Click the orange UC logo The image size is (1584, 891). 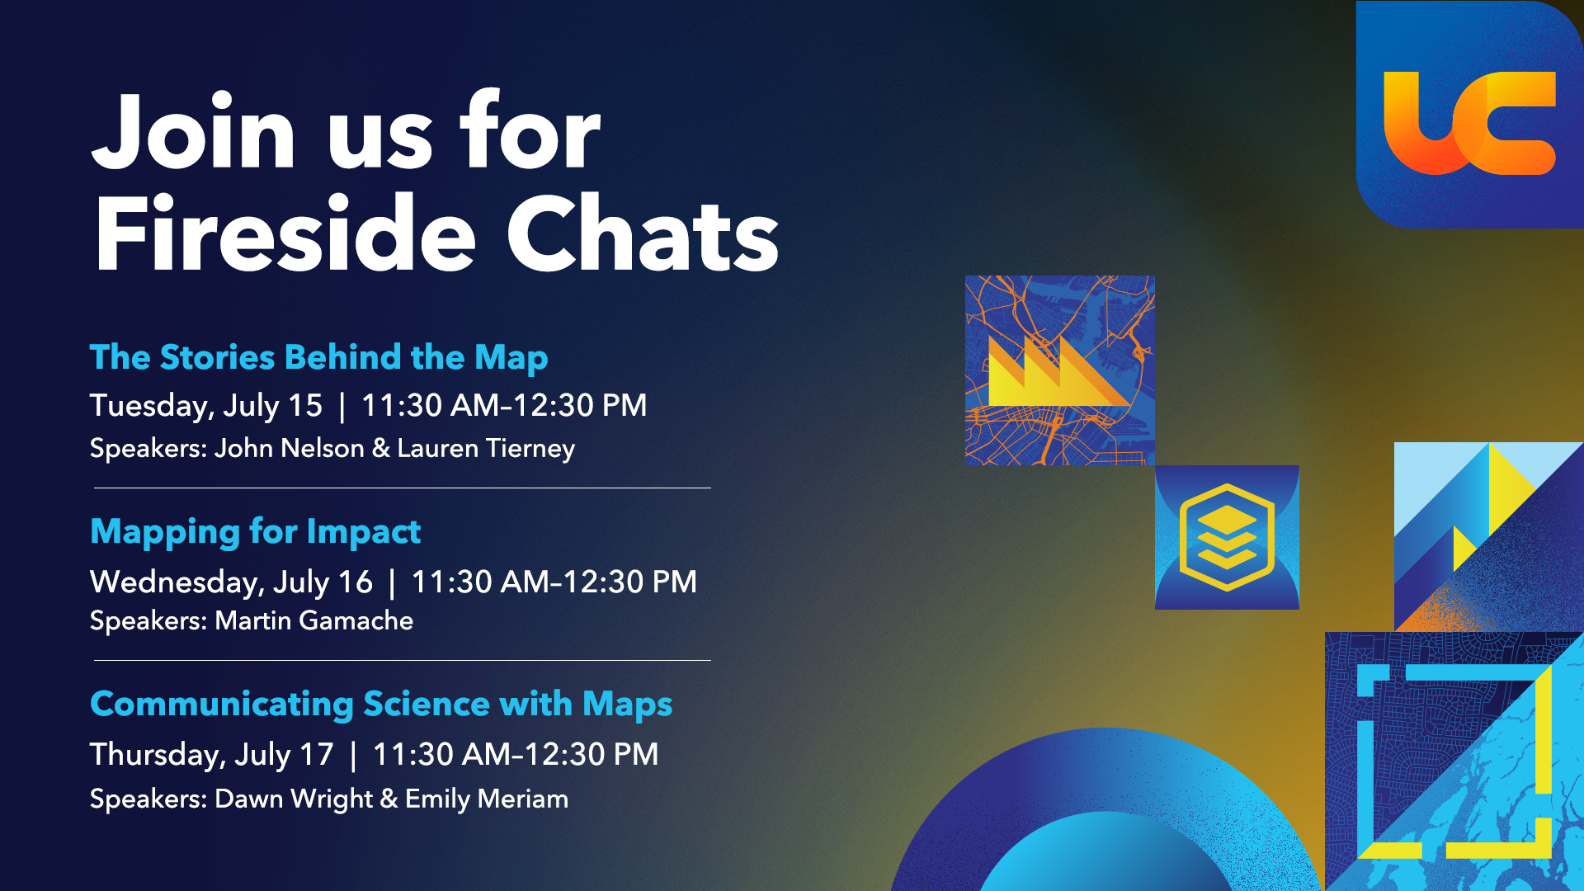tap(1469, 124)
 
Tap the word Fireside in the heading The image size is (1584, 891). tap(285, 233)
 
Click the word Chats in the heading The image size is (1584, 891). tap(643, 233)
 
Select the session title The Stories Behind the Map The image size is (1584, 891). tap(318, 357)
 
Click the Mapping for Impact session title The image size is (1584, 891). tap(255, 531)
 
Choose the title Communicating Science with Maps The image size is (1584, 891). tap(381, 705)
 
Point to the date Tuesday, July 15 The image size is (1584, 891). tap(205, 406)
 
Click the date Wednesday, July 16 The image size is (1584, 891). tap(231, 582)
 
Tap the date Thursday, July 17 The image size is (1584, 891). tap(211, 755)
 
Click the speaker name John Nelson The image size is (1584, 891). tap(289, 448)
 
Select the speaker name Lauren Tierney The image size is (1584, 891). tap(486, 449)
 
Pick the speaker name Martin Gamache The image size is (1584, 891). tap(313, 620)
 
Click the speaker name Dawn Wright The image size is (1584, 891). tap(294, 799)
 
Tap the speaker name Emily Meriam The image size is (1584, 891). tap(487, 799)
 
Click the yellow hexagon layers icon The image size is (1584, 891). tap(1227, 537)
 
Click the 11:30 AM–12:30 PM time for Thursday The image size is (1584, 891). tap(516, 755)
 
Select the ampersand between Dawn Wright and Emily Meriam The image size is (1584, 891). tap(389, 799)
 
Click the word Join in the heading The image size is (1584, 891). tap(193, 132)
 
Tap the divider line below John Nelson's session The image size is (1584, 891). tap(403, 488)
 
